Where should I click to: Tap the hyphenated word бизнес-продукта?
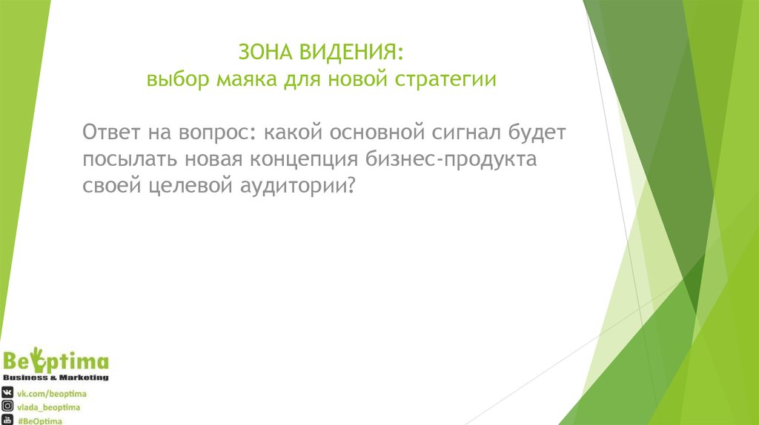450,161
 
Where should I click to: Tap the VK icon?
8,392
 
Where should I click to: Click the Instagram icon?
8,406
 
